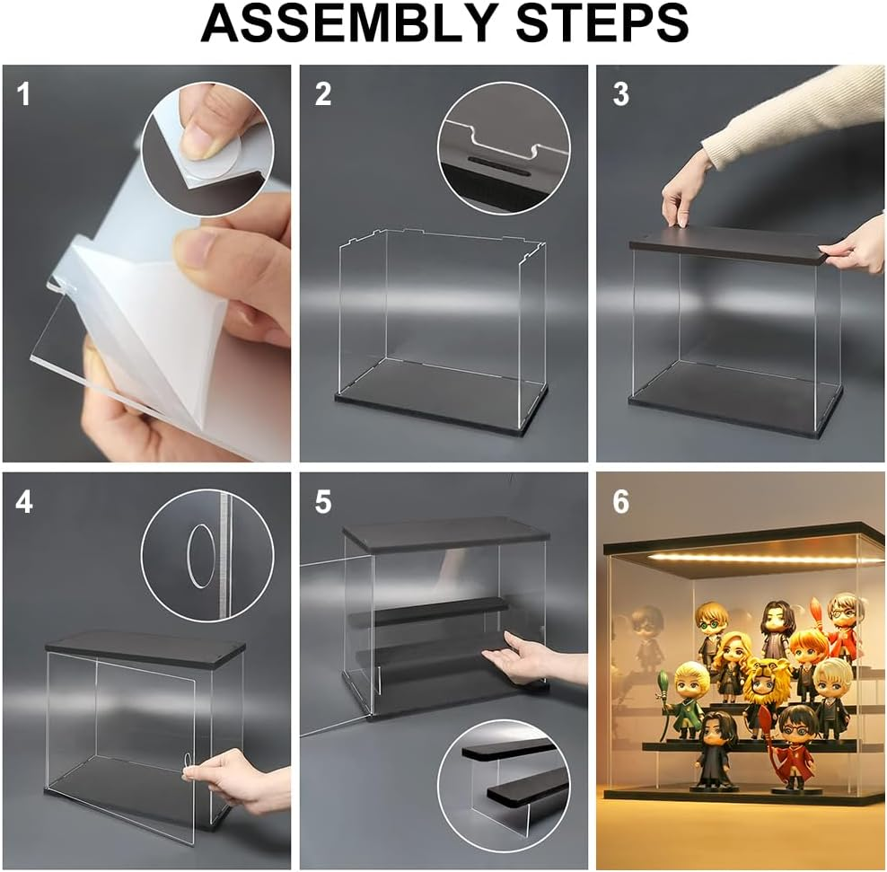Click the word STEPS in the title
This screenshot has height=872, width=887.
pos(602,23)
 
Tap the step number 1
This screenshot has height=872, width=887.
pos(23,94)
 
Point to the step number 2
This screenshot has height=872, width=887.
pos(323,94)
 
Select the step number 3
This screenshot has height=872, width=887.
pos(620,94)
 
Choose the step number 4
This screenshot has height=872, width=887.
pos(23,502)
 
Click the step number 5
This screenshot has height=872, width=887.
pos(323,502)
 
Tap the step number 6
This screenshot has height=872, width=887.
pos(620,502)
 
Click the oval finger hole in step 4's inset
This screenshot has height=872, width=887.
pos(200,556)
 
